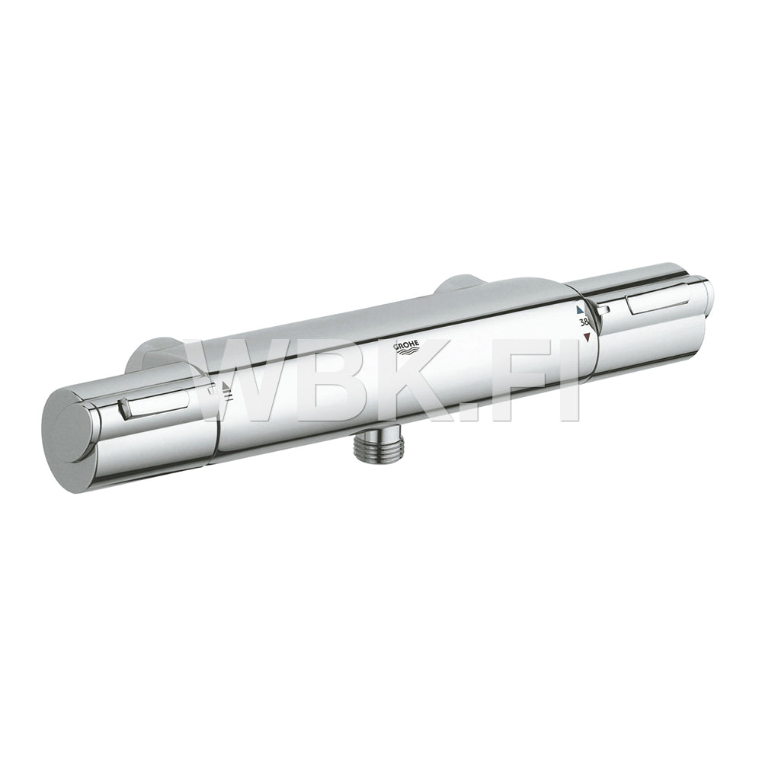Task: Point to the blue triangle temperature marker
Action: (x=579, y=309)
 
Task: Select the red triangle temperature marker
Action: (x=587, y=337)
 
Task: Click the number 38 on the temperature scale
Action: (x=584, y=322)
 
